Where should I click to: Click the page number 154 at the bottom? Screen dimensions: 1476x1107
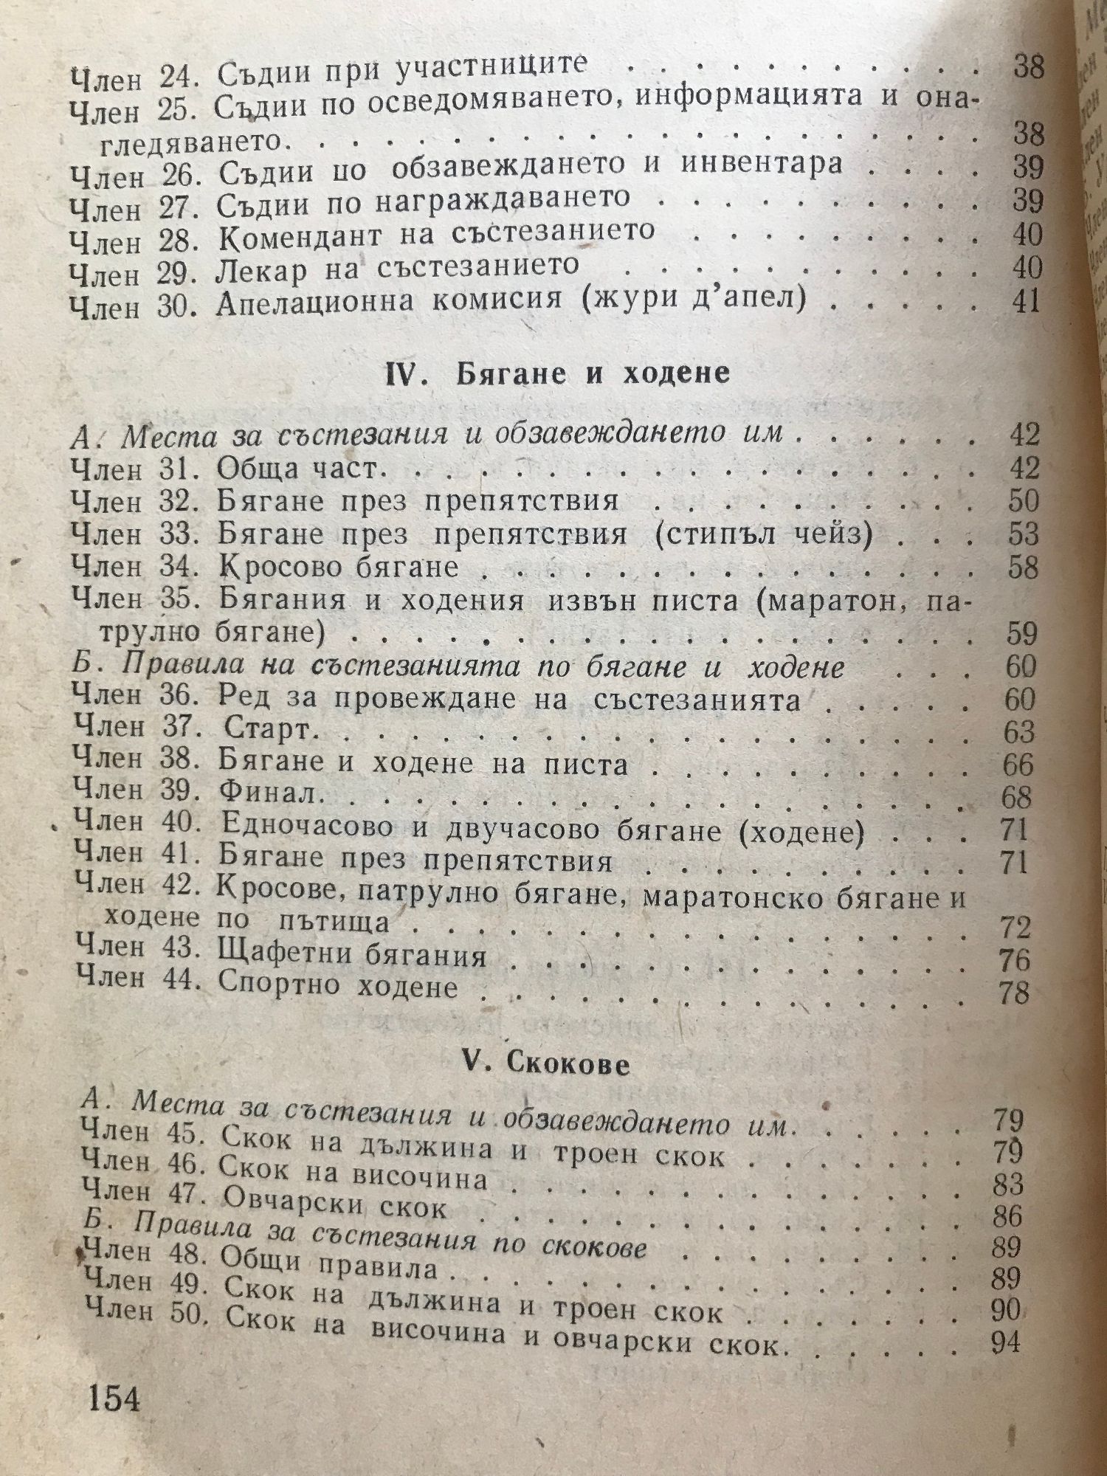tap(114, 1399)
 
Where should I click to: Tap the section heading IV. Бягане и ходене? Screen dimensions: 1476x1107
tap(558, 373)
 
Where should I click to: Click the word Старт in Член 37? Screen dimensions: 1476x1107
tap(266, 731)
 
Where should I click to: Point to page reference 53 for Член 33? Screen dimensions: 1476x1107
tap(1023, 534)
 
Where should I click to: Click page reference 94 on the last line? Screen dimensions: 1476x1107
tap(1006, 1342)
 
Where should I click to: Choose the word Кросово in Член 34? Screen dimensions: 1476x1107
tap(277, 567)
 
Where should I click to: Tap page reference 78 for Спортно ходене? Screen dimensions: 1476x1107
tap(1013, 992)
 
